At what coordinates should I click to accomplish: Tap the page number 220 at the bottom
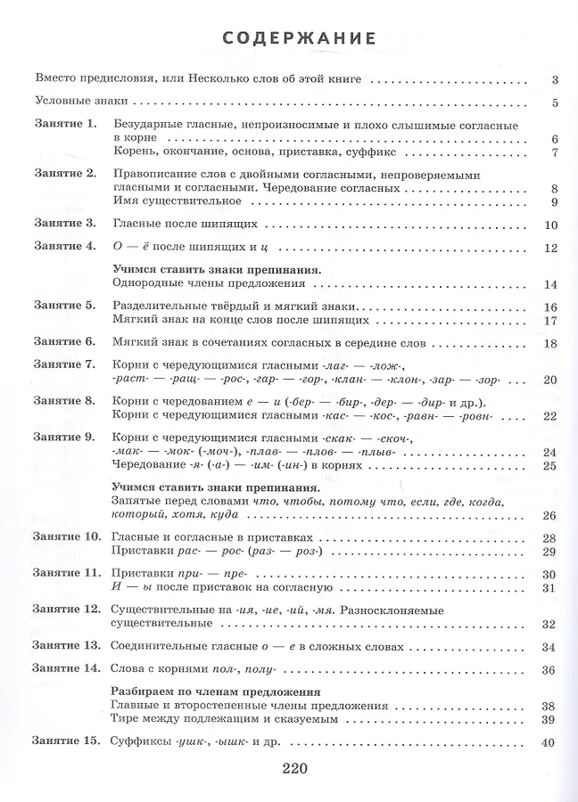pos(293,767)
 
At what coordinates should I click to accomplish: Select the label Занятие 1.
pos(64,125)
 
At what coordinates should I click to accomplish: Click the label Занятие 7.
pos(64,365)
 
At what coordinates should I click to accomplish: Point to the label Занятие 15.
pos(67,741)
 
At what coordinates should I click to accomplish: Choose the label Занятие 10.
pos(67,537)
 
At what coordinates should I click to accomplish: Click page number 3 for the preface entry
pos(554,78)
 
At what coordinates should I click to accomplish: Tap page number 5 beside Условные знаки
pos(554,102)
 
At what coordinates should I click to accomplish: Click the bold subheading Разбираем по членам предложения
pos(217,692)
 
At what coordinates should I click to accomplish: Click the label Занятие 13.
pos(67,645)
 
